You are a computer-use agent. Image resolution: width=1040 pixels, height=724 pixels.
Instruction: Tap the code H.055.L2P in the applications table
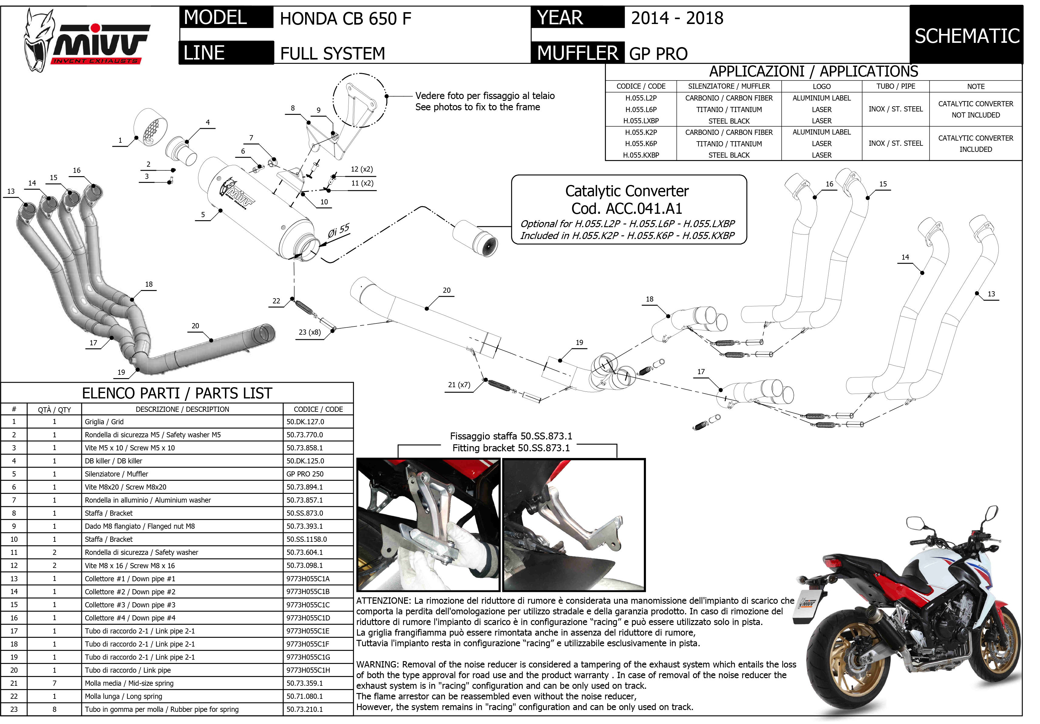pyautogui.click(x=641, y=98)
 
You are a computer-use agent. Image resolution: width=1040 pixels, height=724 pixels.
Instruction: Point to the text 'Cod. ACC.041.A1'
pyautogui.click(x=627, y=208)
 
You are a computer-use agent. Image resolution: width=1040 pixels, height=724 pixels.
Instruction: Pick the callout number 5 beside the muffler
pyautogui.click(x=203, y=215)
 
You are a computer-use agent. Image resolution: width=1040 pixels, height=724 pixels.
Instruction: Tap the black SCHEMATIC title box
pyautogui.click(x=966, y=35)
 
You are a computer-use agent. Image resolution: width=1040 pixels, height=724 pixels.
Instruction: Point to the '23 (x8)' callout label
pyautogui.click(x=310, y=332)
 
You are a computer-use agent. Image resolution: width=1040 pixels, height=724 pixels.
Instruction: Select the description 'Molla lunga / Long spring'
pyautogui.click(x=123, y=696)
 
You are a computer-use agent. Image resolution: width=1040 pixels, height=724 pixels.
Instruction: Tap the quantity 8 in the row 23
pyautogui.click(x=54, y=709)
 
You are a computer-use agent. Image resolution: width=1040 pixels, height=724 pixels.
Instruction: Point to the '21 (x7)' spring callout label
pyautogui.click(x=459, y=385)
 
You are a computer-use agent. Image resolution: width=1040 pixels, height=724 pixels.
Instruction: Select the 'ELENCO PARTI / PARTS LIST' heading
pyautogui.click(x=177, y=393)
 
